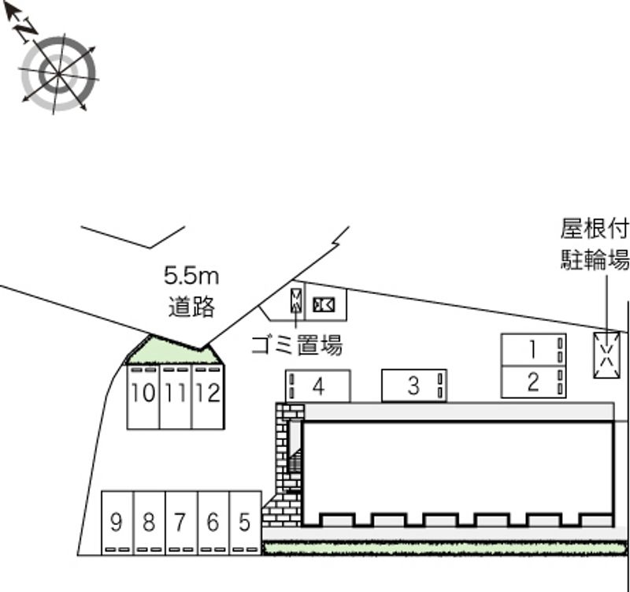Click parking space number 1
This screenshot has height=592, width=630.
533,349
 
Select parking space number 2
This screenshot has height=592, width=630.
533,382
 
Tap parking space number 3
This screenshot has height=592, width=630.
414,385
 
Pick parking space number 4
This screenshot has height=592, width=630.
318,386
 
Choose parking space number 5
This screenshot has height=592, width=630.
245,523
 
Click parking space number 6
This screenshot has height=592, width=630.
213,523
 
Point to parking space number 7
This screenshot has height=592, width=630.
181,523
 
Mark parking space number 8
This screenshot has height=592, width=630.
149,523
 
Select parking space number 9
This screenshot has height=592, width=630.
117,523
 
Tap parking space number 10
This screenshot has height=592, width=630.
143,397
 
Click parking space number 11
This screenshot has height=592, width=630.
176,397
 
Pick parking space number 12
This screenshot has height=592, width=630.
208,397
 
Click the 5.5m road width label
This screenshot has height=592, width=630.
191,277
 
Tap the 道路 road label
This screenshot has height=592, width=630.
191,307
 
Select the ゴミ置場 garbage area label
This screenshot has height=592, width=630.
297,345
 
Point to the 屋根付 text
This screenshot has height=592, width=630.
595,229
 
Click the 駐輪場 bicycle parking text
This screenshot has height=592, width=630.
595,259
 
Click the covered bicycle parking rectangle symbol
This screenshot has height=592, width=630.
606,355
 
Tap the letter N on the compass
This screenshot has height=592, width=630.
26,31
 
